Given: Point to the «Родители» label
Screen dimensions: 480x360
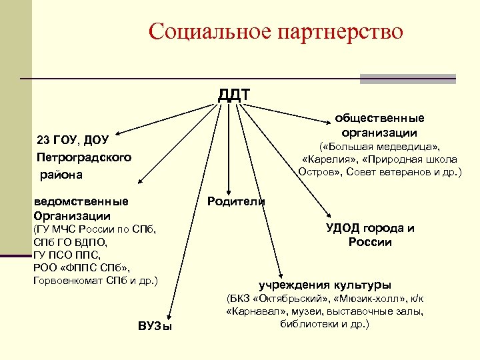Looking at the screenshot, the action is click(x=236, y=201).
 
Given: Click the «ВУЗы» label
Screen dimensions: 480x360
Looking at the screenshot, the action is click(x=155, y=326).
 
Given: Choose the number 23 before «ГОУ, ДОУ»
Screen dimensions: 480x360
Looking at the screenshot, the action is click(x=43, y=141).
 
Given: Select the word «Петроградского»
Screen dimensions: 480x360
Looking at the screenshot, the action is click(x=84, y=157).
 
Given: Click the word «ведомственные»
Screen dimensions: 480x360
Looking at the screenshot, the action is click(x=81, y=201).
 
